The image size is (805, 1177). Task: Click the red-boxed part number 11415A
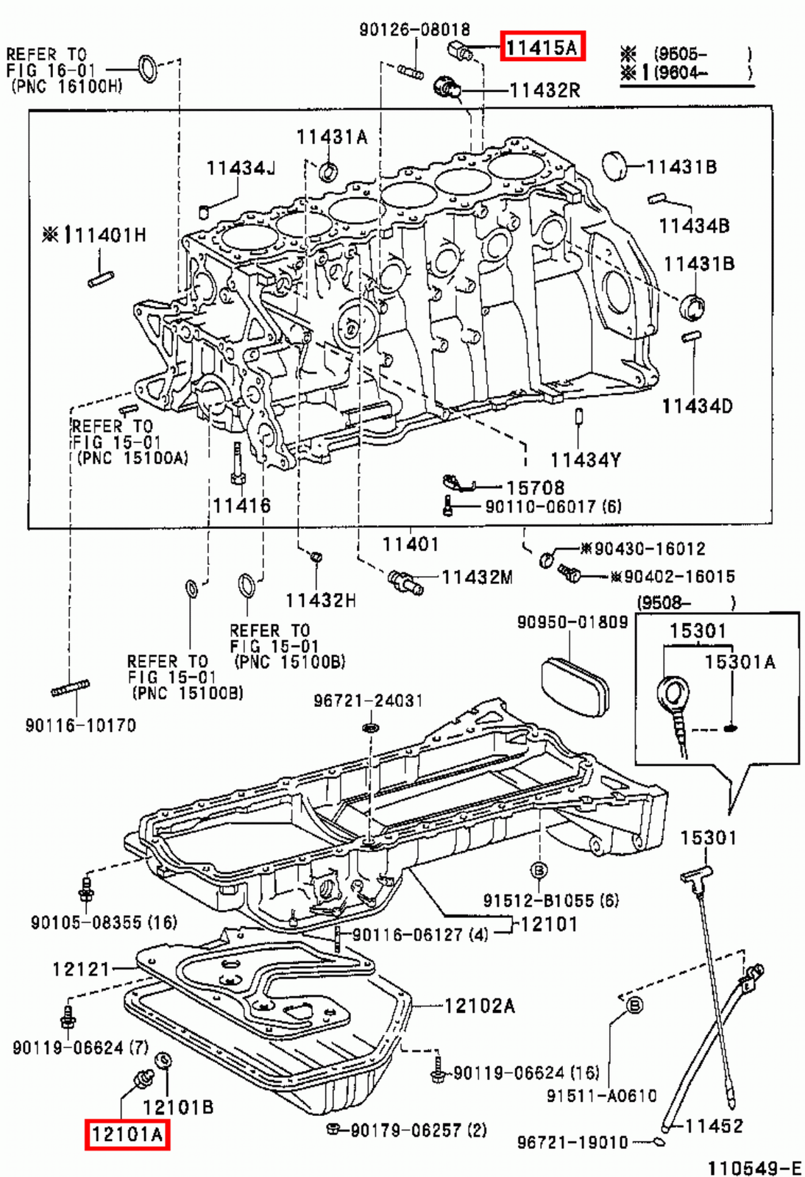coord(542,47)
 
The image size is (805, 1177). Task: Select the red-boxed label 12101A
coord(127,1134)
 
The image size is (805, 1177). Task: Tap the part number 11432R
coord(545,90)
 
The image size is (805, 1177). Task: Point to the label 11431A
coord(331,138)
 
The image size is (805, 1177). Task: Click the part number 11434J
coord(241,168)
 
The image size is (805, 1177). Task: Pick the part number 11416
coord(241,505)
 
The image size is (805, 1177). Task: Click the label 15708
coord(535,488)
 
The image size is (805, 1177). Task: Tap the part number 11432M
coord(477,577)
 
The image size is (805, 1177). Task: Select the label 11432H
coord(321,601)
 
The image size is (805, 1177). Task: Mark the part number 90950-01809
coord(572,622)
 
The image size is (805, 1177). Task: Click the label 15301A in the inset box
coord(740,662)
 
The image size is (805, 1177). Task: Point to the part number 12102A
coord(480,1006)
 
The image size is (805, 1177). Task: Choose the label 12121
coord(81,970)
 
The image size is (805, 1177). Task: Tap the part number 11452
coord(714,1126)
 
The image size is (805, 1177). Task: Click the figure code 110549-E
coord(754,1168)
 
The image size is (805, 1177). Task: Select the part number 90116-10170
coord(81,726)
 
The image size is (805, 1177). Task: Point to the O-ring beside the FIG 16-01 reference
coord(149,68)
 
